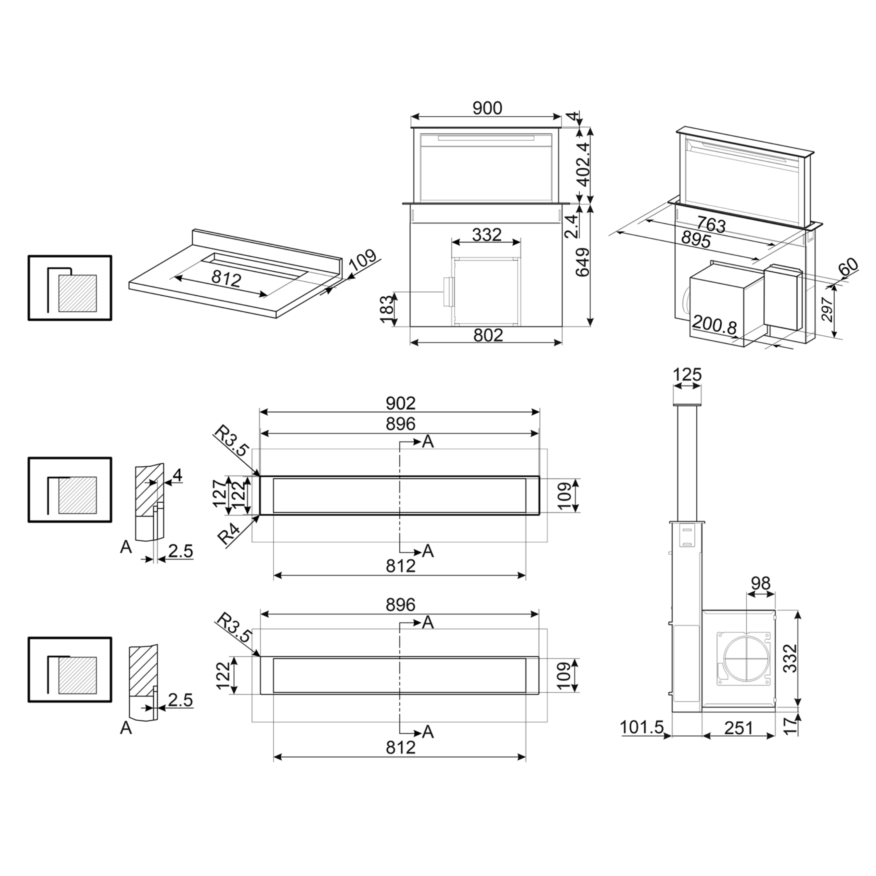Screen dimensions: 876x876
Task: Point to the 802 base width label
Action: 488,335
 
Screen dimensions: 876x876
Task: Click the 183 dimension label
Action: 386,309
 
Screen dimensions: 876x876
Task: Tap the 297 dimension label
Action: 827,310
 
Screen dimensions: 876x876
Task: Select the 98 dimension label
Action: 760,583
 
